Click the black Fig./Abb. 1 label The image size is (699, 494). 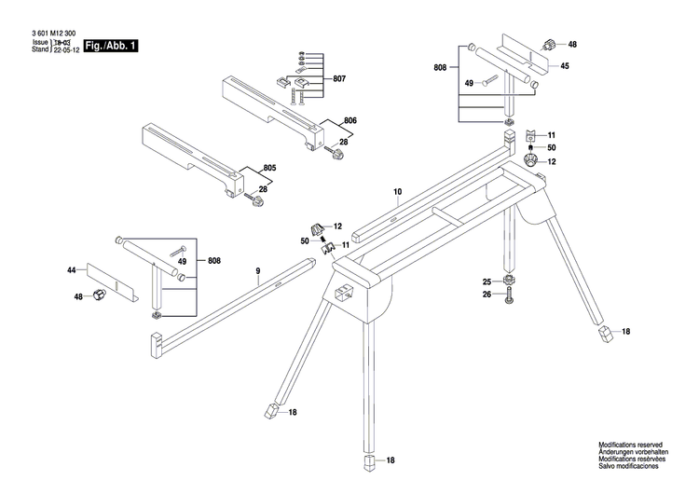[111, 46]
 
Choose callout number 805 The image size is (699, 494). [269, 168]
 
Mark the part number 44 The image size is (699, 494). [71, 269]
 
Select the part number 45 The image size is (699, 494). [565, 65]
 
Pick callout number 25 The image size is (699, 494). [487, 281]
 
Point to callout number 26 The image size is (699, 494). [487, 295]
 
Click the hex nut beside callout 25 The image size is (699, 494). [509, 281]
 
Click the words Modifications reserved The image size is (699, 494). [631, 446]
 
